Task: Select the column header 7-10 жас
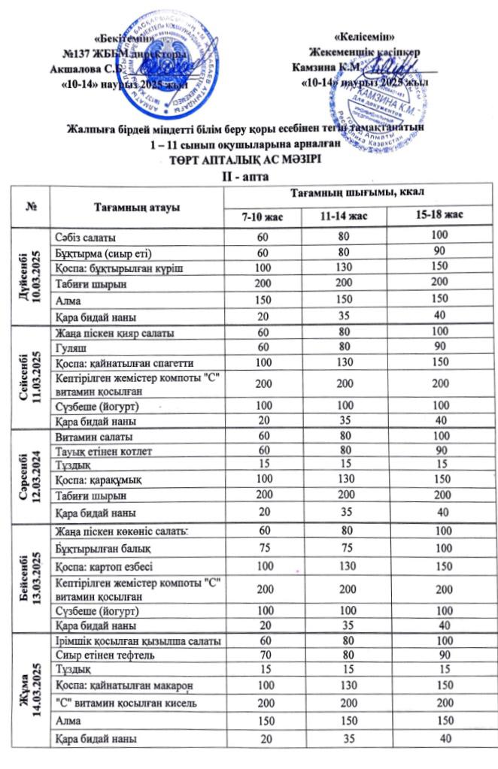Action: [261, 216]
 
